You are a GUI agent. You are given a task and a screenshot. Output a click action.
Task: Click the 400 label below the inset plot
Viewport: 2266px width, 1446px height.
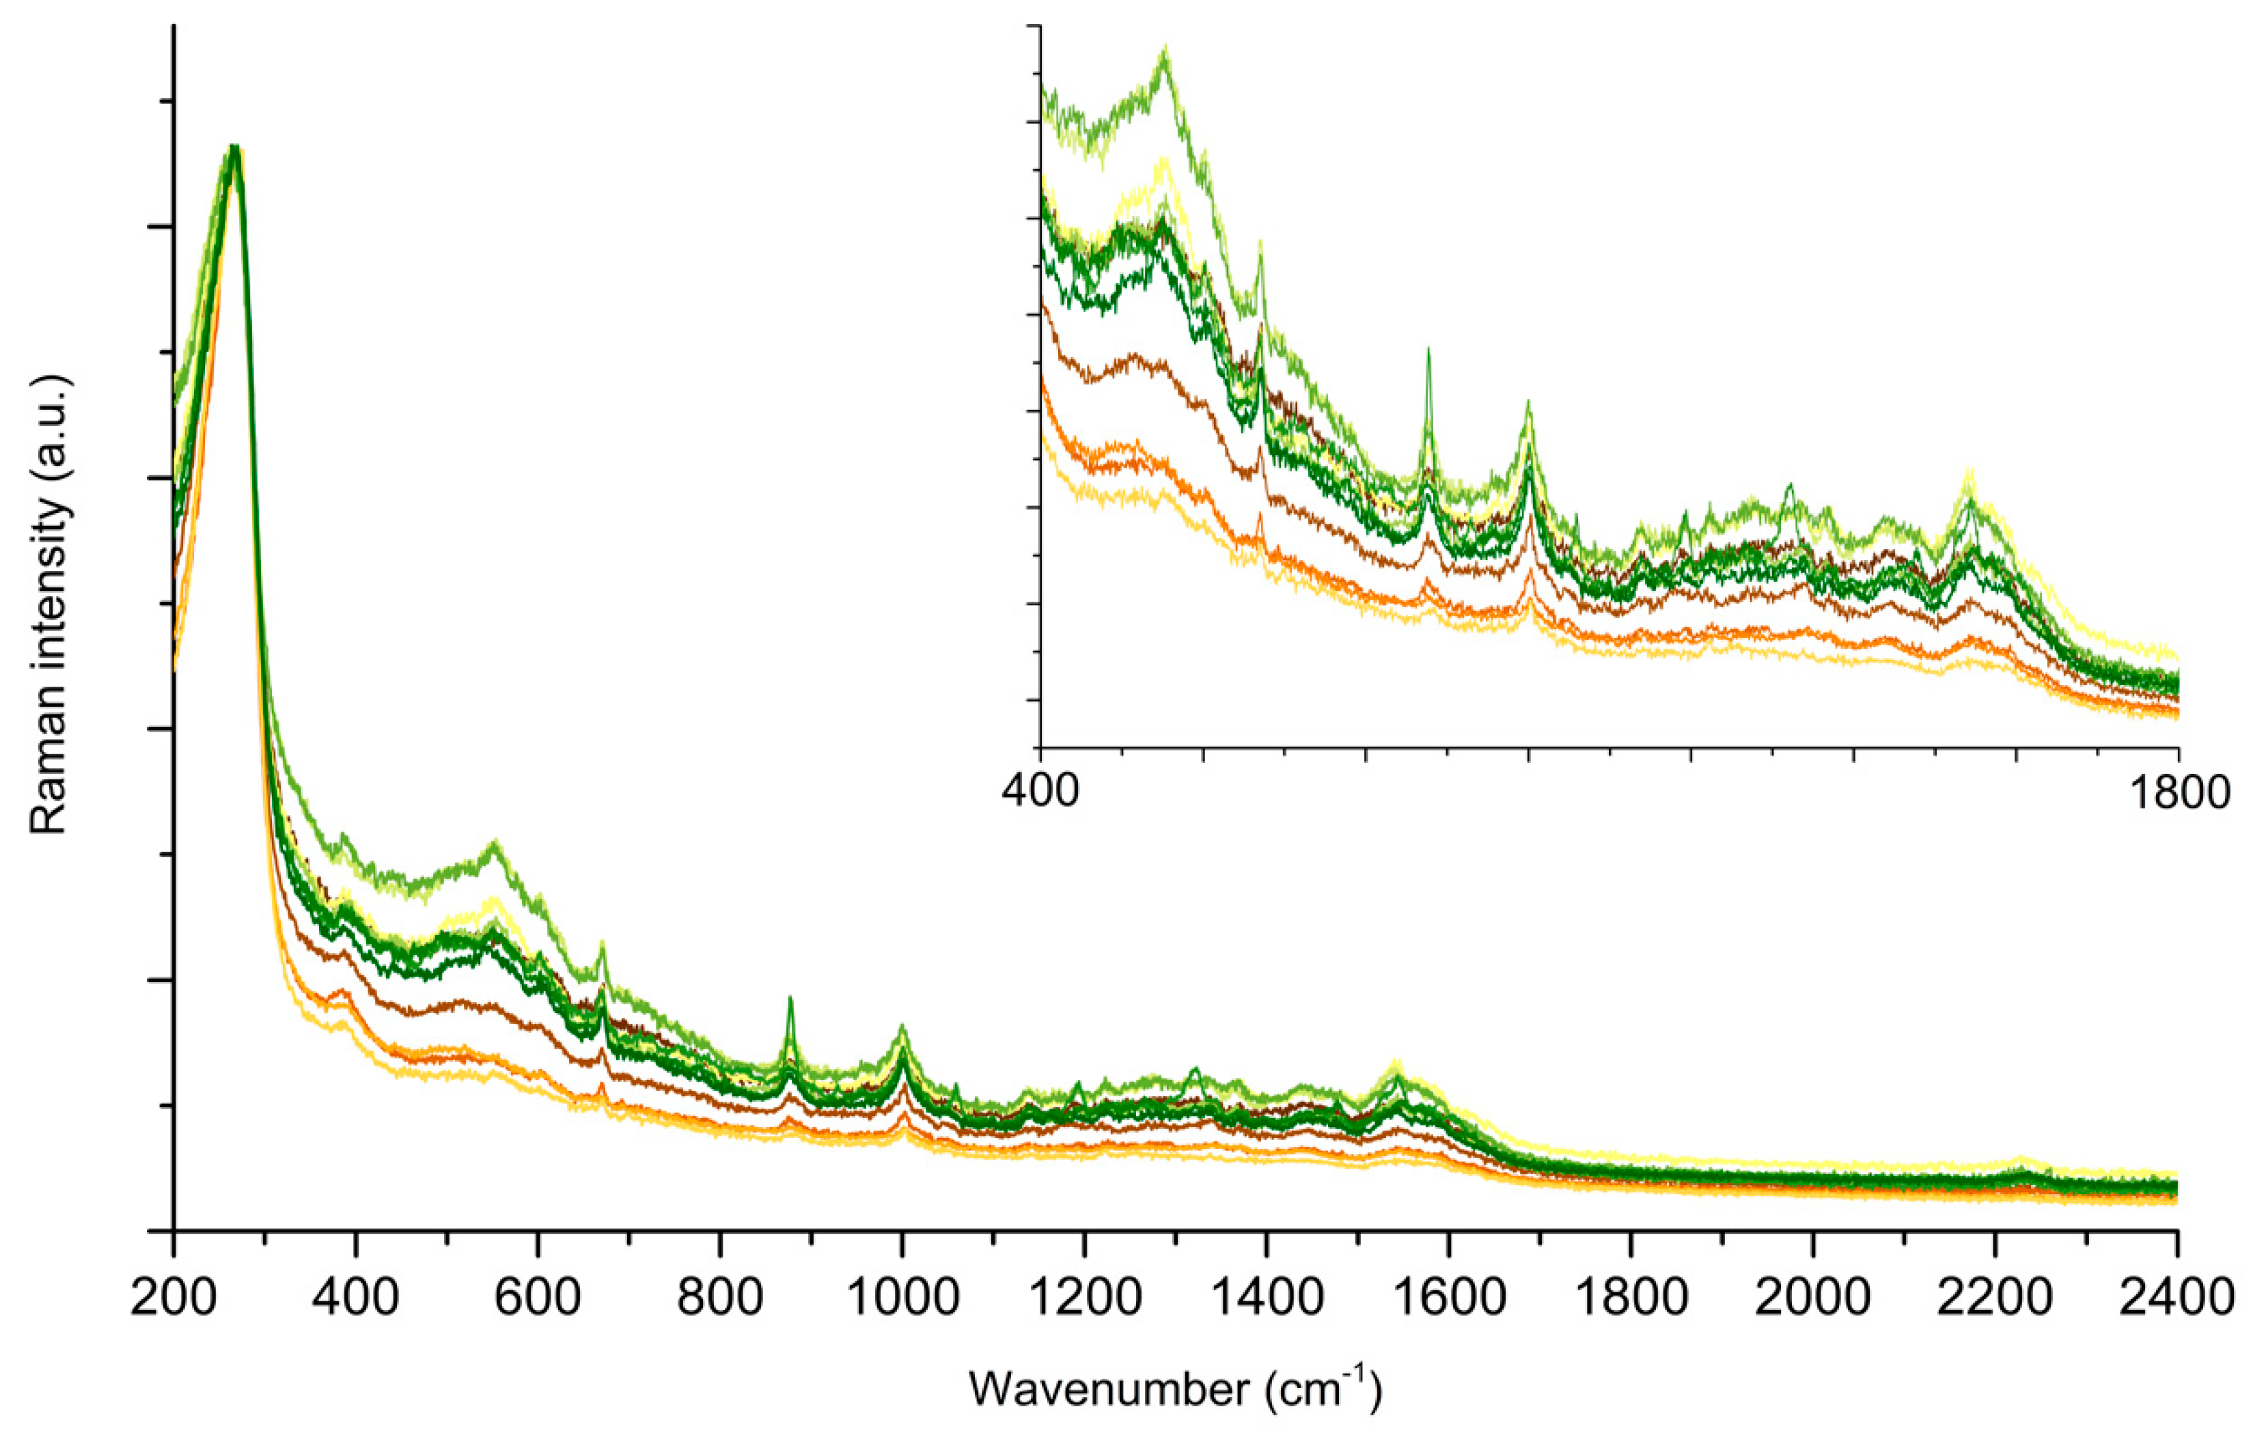[x=1040, y=791]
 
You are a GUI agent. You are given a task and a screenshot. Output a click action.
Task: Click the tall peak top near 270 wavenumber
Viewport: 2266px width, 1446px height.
[x=235, y=149]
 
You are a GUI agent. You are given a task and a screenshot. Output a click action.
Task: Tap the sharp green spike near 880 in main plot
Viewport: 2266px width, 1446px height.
[x=790, y=998]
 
